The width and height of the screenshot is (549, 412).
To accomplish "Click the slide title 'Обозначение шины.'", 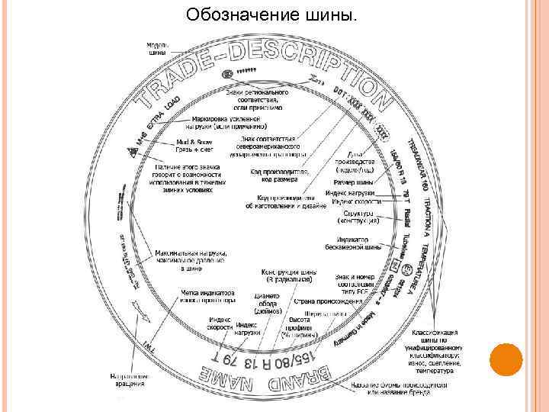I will pos(271,14).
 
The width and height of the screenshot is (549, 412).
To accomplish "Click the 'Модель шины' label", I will pos(158,49).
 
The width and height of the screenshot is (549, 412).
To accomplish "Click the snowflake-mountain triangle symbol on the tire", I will pos(133,153).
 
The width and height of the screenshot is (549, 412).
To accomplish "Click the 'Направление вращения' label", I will pos(128,380).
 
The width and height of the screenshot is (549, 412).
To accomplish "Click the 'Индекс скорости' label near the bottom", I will pos(220,323).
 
